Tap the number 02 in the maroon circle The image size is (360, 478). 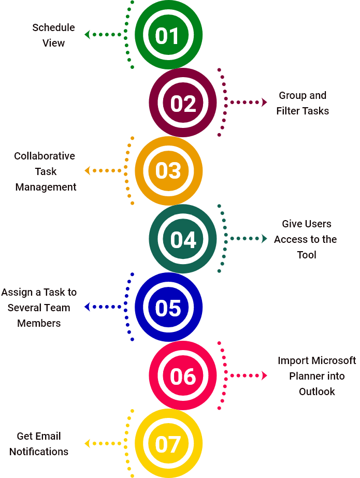183,104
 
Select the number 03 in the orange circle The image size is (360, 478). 168,170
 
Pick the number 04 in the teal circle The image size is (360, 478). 183,240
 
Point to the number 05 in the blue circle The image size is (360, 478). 168,308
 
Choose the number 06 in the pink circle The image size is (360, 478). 183,376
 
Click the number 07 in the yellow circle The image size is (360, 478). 168,444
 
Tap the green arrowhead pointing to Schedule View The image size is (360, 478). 87,35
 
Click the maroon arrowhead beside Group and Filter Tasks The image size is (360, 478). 264,102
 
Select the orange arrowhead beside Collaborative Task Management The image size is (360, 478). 87,171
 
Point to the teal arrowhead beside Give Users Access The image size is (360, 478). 264,238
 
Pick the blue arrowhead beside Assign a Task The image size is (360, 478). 87,307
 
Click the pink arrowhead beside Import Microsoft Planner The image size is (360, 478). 264,375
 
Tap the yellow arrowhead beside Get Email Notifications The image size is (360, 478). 87,443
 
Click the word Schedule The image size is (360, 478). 54,27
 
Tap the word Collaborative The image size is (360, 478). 45,156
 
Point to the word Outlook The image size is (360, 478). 317,392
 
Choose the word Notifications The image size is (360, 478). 39,452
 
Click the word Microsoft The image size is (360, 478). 334,360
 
